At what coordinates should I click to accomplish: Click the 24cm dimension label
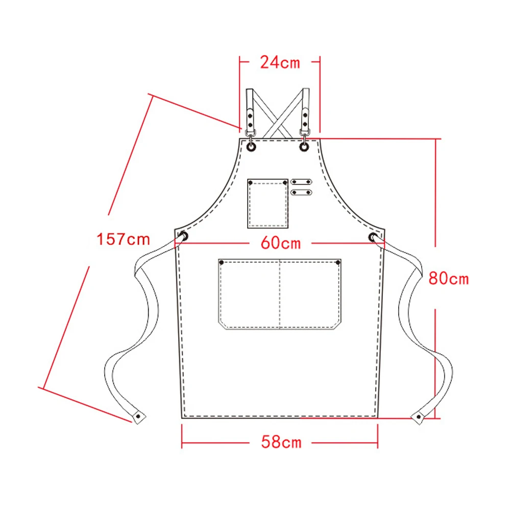click(x=280, y=62)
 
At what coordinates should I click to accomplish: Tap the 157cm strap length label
click(x=123, y=239)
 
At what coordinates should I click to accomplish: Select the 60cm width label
click(x=281, y=243)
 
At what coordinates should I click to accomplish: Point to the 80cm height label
click(x=448, y=278)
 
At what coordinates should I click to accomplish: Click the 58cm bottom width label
click(x=281, y=442)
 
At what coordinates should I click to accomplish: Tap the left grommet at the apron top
click(x=251, y=147)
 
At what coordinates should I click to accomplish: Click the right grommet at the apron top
click(x=304, y=147)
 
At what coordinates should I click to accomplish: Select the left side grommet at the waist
click(x=183, y=236)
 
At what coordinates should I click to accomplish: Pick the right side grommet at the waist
click(x=373, y=237)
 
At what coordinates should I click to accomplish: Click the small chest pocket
click(x=267, y=203)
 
